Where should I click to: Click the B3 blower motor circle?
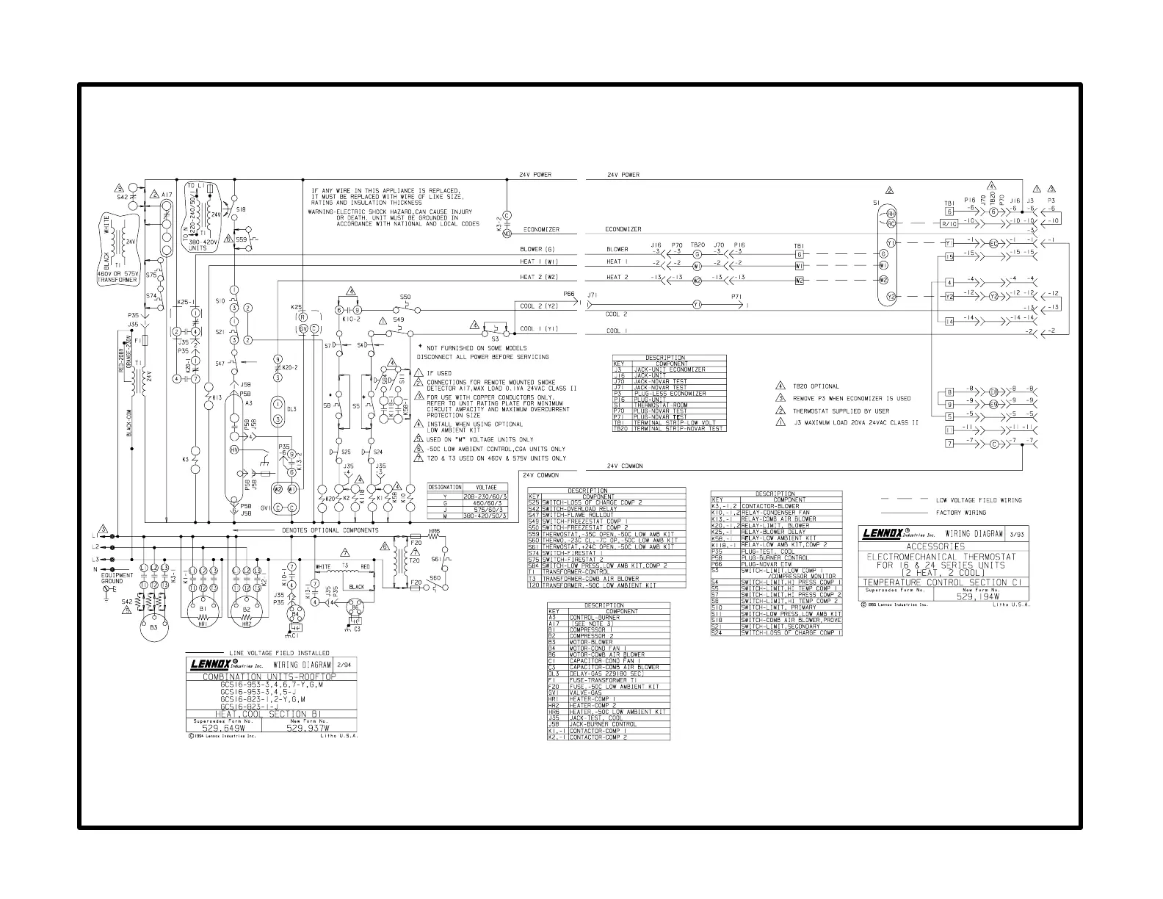click(x=153, y=626)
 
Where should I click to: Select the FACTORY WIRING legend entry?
click(x=960, y=513)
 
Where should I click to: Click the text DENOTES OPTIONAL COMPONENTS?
click(x=330, y=530)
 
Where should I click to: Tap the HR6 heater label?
click(x=435, y=530)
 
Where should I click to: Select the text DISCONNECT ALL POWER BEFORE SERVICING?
click(x=482, y=357)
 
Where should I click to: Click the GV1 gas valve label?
click(x=266, y=508)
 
